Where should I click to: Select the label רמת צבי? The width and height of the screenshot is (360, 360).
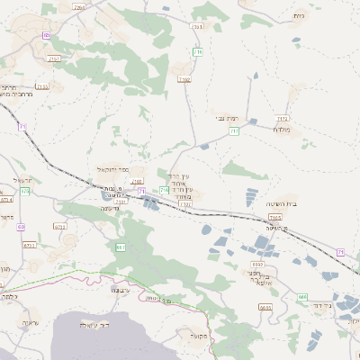pos(226,118)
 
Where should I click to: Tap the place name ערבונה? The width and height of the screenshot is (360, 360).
pos(121,291)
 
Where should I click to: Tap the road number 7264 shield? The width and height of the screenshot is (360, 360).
pos(78,6)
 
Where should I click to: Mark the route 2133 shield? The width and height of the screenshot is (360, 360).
pos(42,85)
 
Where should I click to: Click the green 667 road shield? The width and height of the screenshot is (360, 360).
pos(120,247)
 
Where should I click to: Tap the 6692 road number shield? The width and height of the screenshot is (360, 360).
pos(257,265)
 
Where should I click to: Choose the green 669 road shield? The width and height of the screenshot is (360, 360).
pos(303,296)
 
